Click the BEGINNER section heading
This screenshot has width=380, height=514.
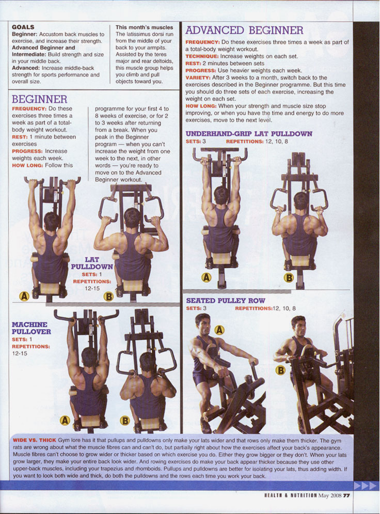[x=39, y=99]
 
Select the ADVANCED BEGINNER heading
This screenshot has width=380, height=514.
[x=244, y=30]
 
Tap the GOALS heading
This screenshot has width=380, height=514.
[x=23, y=27]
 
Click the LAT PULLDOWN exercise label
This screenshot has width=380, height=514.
[x=92, y=263]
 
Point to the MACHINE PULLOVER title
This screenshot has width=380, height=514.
[x=31, y=328]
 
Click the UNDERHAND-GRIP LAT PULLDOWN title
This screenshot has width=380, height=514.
[x=249, y=134]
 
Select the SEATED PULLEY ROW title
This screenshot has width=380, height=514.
[x=226, y=301]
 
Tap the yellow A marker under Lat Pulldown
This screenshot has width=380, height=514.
[x=24, y=297]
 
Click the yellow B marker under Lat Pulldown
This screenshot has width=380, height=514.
[x=108, y=297]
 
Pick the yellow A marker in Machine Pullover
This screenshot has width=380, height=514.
[x=65, y=420]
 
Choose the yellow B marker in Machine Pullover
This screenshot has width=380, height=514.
[x=125, y=420]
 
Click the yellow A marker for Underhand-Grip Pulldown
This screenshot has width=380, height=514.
[x=206, y=277]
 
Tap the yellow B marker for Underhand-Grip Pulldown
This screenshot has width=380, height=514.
[x=289, y=278]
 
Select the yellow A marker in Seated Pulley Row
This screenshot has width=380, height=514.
[x=219, y=330]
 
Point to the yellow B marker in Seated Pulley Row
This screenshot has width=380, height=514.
[x=280, y=370]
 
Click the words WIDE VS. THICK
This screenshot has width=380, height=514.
[x=35, y=440]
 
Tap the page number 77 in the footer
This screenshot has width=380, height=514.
[x=346, y=495]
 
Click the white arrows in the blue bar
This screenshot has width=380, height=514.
[x=365, y=486]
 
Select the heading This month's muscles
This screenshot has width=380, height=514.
[x=144, y=27]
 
